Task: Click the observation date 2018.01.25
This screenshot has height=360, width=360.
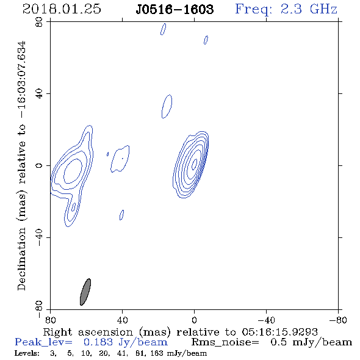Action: click(x=62, y=9)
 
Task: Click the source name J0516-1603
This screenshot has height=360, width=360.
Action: click(x=175, y=9)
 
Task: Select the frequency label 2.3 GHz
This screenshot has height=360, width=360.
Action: click(x=309, y=9)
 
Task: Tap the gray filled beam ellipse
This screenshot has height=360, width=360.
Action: click(x=85, y=292)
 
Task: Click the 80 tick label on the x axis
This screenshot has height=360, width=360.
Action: click(x=50, y=320)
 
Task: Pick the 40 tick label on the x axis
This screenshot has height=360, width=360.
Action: click(x=122, y=320)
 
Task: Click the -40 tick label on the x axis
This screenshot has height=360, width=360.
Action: click(x=266, y=320)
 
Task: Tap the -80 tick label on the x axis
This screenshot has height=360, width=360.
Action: click(x=338, y=320)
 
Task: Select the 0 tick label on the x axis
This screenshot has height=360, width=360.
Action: click(x=194, y=320)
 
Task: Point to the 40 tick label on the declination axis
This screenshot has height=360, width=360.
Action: click(x=39, y=94)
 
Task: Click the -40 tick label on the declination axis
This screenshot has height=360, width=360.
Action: click(x=39, y=237)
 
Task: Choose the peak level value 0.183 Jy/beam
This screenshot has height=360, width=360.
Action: click(x=125, y=342)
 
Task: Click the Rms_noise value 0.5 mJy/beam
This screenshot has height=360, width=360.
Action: click(x=311, y=342)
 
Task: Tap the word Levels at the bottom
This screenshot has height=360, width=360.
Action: click(x=27, y=353)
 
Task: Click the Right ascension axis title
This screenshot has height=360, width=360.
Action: click(x=180, y=332)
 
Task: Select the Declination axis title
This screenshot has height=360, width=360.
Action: click(x=21, y=166)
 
